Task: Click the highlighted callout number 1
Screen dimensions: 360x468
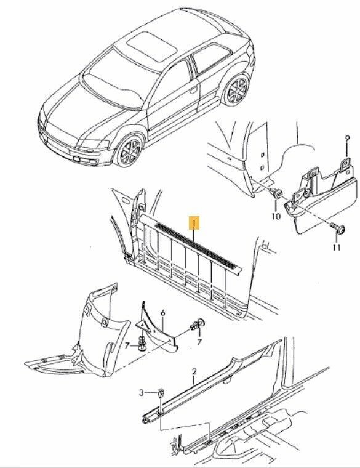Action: coord(195,223)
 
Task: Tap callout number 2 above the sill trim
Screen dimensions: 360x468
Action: coord(194,371)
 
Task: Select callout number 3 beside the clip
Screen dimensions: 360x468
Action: coord(142,393)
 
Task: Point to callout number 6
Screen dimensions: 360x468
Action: coord(163,313)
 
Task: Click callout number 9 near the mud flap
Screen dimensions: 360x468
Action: coord(347,138)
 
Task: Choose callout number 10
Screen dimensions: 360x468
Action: coord(276,216)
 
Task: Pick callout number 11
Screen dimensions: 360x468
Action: coord(337,248)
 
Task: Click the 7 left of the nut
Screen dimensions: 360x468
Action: coord(127,345)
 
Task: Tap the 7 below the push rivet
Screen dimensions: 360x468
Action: coord(199,341)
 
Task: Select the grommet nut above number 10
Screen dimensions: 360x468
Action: coord(276,193)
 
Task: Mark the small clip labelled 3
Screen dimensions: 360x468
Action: coord(161,393)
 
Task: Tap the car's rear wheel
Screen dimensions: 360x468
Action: coord(236,89)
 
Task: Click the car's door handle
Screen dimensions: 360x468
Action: coord(193,89)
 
